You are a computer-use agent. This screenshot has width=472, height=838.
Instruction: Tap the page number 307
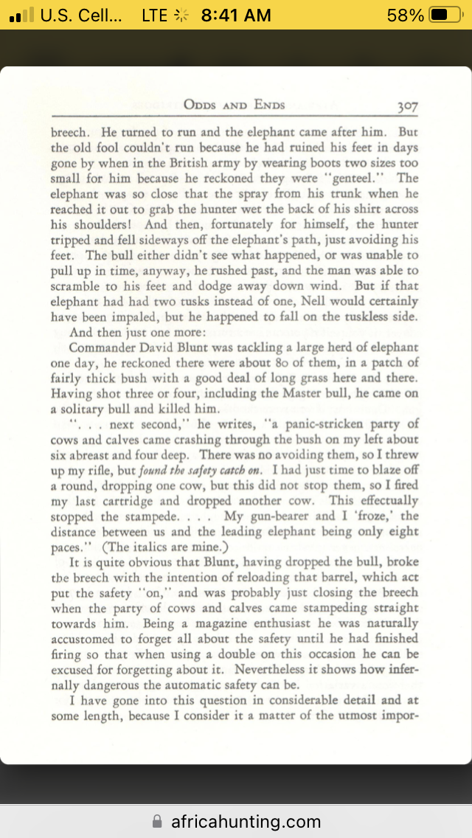[407, 105]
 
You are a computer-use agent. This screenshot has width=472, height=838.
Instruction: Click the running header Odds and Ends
[234, 105]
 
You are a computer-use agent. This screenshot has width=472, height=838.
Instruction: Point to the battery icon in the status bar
[445, 15]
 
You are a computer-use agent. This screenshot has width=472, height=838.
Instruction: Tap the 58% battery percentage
[406, 15]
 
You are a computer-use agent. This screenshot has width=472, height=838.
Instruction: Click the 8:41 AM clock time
[236, 15]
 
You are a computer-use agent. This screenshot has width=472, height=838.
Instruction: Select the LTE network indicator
[154, 15]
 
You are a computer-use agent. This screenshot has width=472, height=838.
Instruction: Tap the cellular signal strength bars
[22, 15]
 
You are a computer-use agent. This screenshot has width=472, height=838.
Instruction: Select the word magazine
[209, 624]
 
